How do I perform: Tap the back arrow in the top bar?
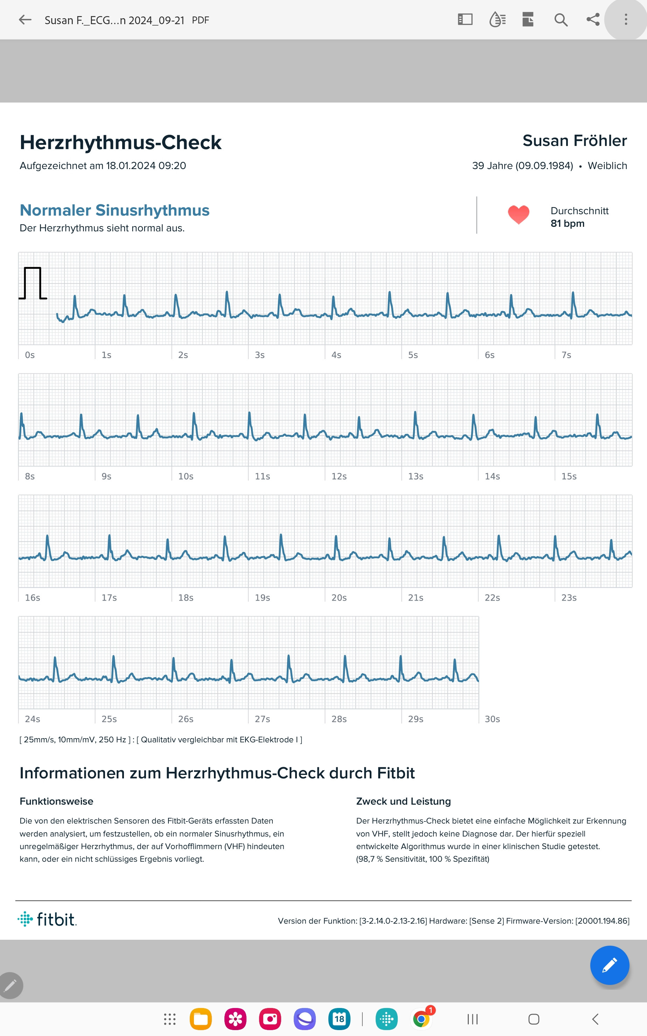[x=25, y=20]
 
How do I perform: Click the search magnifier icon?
[x=561, y=20]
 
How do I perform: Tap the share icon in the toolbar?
[x=593, y=20]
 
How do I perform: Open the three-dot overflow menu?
[x=626, y=20]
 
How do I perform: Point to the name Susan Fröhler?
[x=574, y=141]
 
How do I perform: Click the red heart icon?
[x=518, y=215]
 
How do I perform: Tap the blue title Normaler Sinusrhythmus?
[x=115, y=210]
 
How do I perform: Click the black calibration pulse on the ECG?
[x=33, y=283]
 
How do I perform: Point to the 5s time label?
[x=412, y=355]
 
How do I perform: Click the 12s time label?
[x=339, y=476]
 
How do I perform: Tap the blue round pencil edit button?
[x=609, y=965]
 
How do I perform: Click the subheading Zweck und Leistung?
[x=403, y=801]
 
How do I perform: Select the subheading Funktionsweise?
[x=56, y=801]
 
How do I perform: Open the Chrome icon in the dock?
[x=422, y=1019]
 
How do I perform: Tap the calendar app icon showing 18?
[x=339, y=1019]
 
